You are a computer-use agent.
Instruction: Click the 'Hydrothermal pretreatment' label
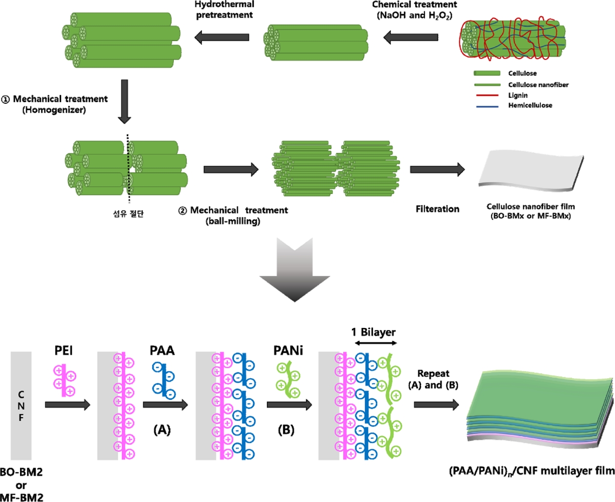(x=224, y=9)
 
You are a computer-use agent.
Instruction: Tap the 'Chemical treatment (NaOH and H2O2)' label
(x=414, y=9)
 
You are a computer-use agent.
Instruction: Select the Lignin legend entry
(x=517, y=96)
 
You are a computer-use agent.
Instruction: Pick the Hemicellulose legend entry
(x=530, y=105)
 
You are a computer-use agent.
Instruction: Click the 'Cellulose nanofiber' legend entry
(x=538, y=85)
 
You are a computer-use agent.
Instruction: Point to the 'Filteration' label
(x=437, y=209)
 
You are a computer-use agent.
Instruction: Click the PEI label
(x=64, y=350)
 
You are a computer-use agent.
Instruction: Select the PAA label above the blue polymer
(x=162, y=350)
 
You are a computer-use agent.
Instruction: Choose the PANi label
(x=288, y=350)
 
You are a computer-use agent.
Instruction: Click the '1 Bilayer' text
(x=373, y=332)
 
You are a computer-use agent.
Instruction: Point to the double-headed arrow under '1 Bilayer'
(x=376, y=343)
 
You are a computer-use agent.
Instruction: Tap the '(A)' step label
(x=162, y=430)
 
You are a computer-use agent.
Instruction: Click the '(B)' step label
(x=286, y=430)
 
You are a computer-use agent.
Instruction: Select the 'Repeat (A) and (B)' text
(x=433, y=379)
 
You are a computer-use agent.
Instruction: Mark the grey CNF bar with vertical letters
(x=21, y=405)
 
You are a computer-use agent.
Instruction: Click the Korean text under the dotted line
(x=128, y=213)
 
